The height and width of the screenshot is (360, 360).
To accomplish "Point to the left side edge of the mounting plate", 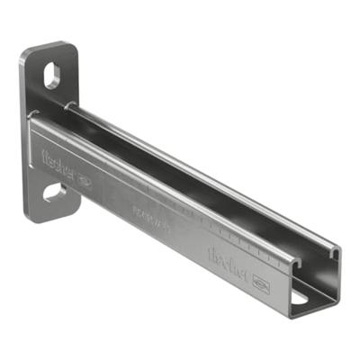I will click(x=23, y=135).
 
